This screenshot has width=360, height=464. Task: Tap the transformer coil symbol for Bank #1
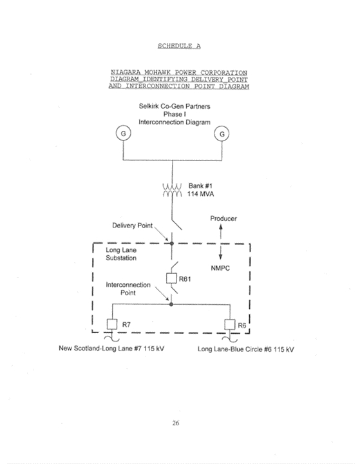click(172, 190)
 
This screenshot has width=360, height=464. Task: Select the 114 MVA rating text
click(200, 194)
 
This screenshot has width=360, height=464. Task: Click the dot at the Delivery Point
click(171, 243)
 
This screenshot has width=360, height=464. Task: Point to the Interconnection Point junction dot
click(171, 304)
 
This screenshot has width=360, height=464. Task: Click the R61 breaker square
click(171, 278)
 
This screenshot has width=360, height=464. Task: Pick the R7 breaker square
click(112, 324)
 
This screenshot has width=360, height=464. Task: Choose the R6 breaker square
click(229, 325)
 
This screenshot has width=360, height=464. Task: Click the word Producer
click(223, 218)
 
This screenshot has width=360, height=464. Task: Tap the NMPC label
click(220, 268)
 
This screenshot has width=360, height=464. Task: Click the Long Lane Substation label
click(121, 254)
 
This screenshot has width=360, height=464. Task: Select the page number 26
click(176, 423)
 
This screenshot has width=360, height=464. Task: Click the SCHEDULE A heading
click(179, 46)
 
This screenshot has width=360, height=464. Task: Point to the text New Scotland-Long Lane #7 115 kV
click(111, 348)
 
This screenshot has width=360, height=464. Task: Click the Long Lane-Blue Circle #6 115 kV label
click(246, 349)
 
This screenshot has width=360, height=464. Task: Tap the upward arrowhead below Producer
click(221, 227)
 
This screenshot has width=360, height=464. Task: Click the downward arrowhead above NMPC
click(220, 256)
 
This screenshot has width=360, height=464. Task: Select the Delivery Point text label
click(132, 226)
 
